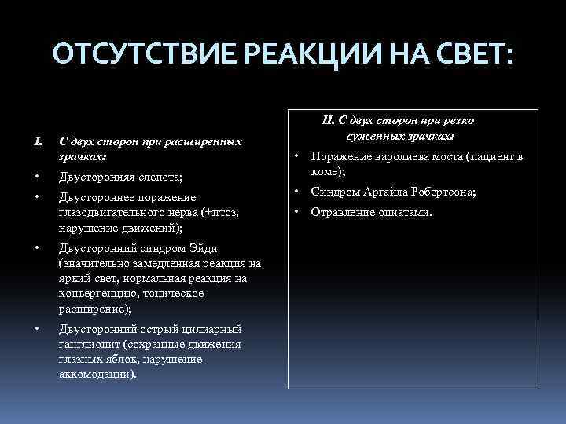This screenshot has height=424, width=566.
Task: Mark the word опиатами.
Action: [402, 212]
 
